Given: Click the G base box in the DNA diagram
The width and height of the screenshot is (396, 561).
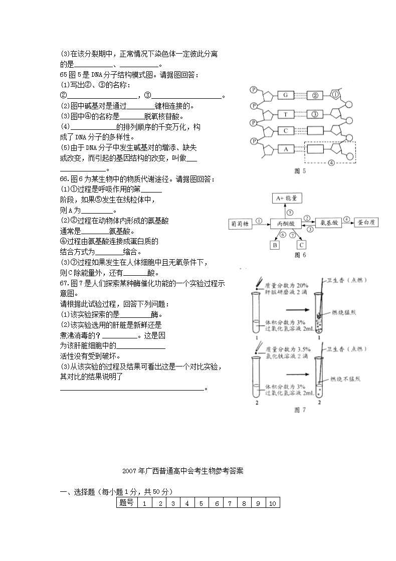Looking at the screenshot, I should click(285, 95).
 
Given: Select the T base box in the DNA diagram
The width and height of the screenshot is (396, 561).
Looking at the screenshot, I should click(285, 114).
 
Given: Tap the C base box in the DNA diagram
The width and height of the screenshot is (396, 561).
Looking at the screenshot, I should click(285, 131).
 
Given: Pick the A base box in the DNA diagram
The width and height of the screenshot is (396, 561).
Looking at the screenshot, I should click(285, 148).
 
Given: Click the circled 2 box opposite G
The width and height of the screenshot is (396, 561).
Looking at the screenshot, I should click(315, 95).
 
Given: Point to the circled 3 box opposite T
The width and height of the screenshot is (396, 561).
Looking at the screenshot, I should click(315, 114).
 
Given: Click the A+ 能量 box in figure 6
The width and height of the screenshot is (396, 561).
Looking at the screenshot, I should click(286, 198).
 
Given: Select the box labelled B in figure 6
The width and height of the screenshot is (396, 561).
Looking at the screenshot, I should click(275, 245).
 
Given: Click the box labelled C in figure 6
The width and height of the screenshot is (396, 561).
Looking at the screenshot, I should click(301, 245).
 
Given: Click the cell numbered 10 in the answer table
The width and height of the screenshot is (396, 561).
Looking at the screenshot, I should click(273, 503).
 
